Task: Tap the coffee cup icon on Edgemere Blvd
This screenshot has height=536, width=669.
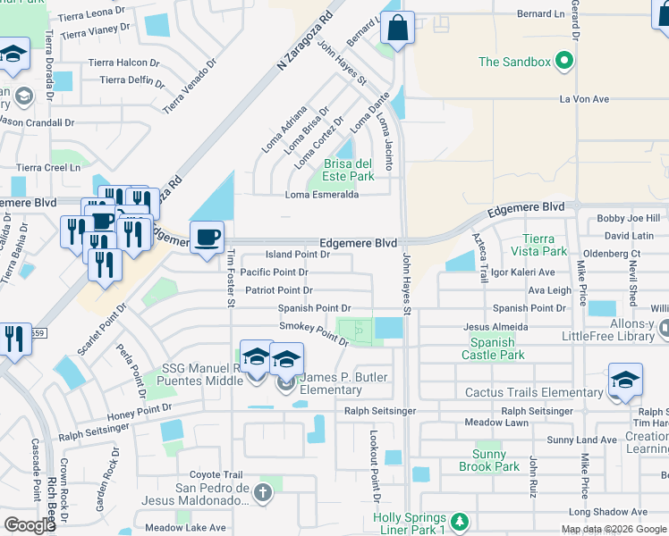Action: (207, 238)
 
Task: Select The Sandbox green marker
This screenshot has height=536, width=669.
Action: (563, 62)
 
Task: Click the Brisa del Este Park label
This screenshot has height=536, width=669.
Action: (348, 169)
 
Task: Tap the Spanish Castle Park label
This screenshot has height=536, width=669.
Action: (493, 348)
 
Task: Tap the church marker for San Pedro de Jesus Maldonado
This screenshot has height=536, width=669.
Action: (262, 492)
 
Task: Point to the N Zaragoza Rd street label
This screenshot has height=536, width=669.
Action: (305, 38)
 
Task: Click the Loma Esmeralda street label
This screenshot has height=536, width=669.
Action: (322, 195)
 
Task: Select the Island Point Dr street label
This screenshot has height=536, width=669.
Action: (298, 255)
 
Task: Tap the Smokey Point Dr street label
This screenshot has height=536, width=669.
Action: (313, 332)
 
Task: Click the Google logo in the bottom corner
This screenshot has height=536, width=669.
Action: (30, 524)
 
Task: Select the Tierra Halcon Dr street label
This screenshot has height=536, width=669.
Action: (123, 63)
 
